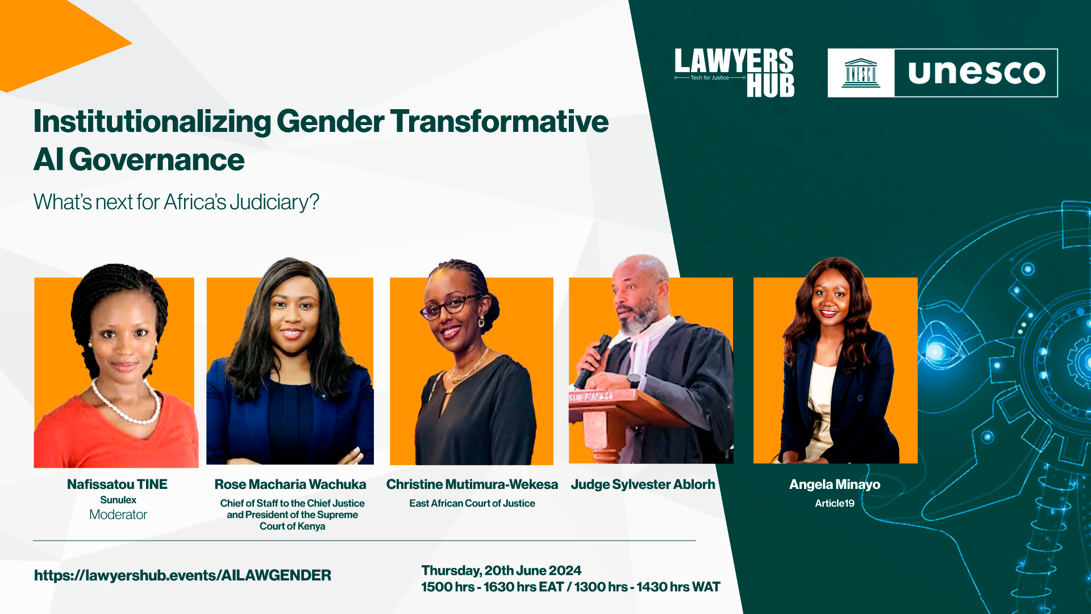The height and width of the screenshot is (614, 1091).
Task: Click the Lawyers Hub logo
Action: point(734,73)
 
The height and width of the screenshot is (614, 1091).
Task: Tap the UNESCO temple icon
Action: point(861,73)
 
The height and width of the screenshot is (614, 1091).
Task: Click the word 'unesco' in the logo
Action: point(976,73)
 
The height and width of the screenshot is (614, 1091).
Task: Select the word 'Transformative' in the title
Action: point(499,122)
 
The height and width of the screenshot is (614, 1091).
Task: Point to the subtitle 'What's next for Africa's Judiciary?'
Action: point(176,202)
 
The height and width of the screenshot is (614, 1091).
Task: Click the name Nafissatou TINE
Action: point(117,484)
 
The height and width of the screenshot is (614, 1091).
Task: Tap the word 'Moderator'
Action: point(118,515)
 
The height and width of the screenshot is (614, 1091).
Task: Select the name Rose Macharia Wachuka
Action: point(290,484)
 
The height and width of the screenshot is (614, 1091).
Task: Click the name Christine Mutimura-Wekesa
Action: point(472,484)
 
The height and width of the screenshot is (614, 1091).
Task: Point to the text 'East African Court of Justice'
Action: point(472,503)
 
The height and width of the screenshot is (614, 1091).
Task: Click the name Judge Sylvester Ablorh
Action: point(643,484)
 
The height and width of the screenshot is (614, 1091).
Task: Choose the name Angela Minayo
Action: point(835,484)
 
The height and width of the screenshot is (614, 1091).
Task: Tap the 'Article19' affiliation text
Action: point(835,503)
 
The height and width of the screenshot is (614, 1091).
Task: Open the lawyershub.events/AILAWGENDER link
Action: point(182,575)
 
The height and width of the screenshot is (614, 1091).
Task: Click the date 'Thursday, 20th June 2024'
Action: point(501,570)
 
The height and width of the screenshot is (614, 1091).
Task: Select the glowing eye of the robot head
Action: point(935,351)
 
